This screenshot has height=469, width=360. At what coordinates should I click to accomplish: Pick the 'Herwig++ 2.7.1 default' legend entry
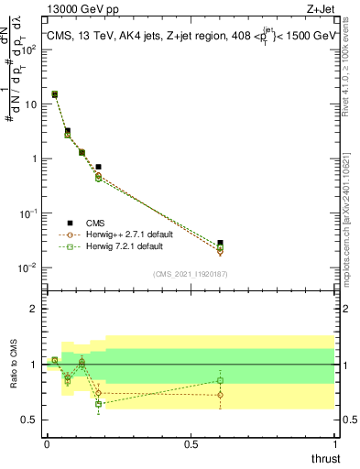[x=114, y=234]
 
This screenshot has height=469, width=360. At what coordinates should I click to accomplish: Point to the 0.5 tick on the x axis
[x=190, y=444]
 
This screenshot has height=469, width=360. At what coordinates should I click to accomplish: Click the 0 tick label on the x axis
[x=47, y=444]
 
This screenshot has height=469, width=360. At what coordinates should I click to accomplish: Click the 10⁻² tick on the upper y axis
[x=27, y=267]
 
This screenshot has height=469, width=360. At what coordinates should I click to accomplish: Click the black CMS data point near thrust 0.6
[x=219, y=243]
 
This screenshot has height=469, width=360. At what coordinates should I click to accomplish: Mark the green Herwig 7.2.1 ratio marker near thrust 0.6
[x=219, y=380]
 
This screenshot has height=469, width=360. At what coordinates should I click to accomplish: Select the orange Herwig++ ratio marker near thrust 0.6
[x=219, y=395]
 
